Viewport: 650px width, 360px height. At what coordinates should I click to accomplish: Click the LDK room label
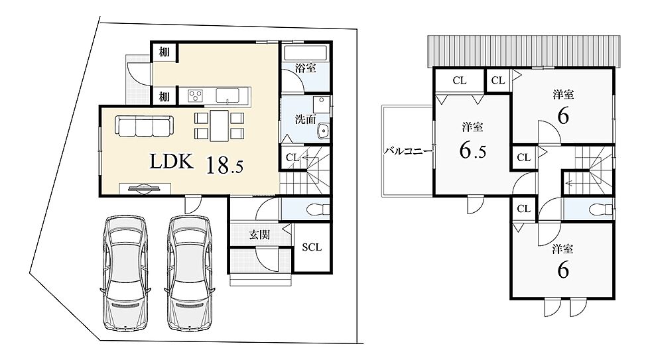point(171,161)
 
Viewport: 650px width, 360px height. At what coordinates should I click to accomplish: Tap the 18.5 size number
point(224,164)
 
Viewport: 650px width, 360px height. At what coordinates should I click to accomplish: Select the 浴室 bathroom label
point(306,68)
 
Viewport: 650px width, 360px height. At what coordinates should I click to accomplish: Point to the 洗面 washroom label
point(306,119)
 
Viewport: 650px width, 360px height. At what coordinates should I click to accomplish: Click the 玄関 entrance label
point(259,235)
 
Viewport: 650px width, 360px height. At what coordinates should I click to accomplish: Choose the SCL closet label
point(312,247)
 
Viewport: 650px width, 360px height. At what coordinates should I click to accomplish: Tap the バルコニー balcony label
point(409,150)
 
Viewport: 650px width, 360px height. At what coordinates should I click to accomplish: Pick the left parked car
point(125,272)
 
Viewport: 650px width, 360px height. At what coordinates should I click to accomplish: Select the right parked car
point(190,272)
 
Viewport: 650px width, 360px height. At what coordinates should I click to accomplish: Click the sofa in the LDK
point(143,126)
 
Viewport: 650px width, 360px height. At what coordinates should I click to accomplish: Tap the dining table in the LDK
point(220,125)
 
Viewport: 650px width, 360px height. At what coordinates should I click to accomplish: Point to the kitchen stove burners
point(195,95)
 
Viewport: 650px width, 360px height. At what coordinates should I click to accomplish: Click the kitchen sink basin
point(227,95)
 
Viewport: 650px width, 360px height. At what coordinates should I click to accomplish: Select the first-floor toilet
point(317,209)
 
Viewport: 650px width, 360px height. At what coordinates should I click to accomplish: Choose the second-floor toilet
point(600,209)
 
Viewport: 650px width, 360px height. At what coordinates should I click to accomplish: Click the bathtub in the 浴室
point(306,53)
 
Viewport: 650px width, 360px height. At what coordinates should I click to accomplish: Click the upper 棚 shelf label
point(164,52)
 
